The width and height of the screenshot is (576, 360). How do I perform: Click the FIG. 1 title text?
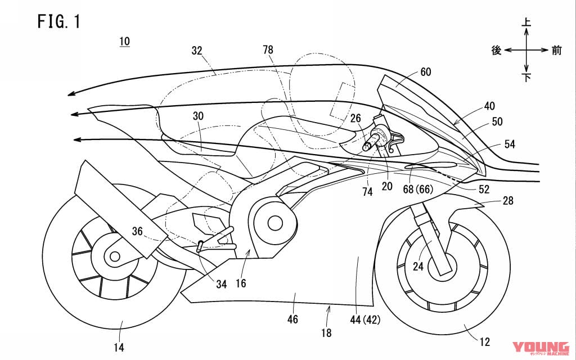point(59,22)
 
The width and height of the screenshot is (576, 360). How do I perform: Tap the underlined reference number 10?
point(124,42)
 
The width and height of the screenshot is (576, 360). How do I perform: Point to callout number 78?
point(268,50)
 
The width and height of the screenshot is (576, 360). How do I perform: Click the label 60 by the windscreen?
point(426,71)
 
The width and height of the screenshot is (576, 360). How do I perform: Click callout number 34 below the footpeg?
point(221,285)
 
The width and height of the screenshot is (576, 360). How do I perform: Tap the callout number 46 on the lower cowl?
point(293,319)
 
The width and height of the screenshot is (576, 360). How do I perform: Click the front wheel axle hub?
point(442,262)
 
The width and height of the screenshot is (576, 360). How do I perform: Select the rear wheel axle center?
point(115,257)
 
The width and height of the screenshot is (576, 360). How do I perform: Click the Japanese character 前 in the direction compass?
point(557,51)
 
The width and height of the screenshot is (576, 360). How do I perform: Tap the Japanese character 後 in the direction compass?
point(496,51)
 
